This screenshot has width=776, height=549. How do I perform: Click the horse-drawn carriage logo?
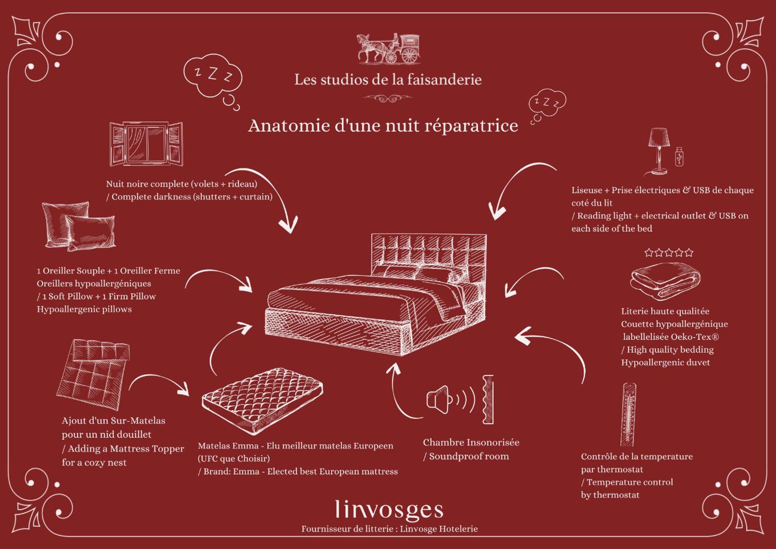click(x=388, y=49)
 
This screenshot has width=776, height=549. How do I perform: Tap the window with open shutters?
click(x=146, y=144)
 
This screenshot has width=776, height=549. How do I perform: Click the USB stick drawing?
click(x=679, y=157)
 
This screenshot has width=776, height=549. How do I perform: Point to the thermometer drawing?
click(x=628, y=415)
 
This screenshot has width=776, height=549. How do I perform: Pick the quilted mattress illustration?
click(x=262, y=401)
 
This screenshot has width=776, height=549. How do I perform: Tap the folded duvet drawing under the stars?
click(x=665, y=281)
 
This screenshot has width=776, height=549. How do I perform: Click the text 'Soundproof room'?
click(x=469, y=456)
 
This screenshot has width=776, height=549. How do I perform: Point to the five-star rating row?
click(x=669, y=253)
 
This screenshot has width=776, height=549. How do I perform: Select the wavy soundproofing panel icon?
click(x=488, y=399)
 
